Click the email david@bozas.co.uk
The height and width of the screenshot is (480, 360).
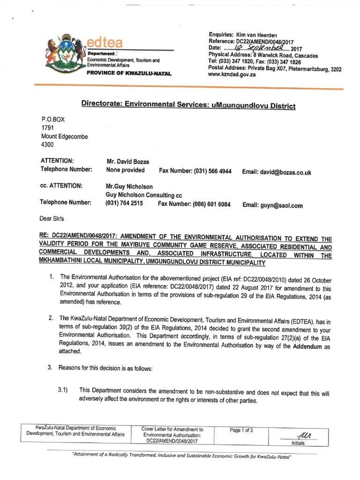(x=277, y=172)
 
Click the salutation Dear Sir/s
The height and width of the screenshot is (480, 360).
(x=55, y=218)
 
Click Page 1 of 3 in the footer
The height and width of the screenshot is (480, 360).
(x=242, y=431)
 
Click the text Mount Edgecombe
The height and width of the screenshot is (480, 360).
(x=65, y=136)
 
